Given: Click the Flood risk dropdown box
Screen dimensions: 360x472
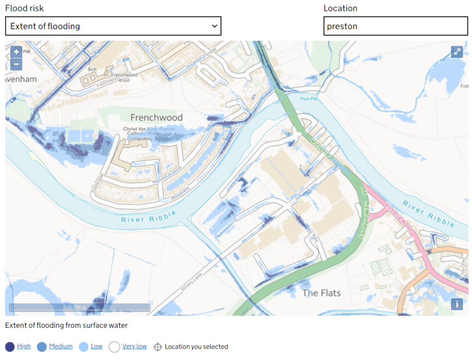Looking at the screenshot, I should pyautogui.click(x=113, y=26).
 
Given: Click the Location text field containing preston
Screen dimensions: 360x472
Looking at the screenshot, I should pyautogui.click(x=395, y=26).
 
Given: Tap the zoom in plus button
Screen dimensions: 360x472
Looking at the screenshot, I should pyautogui.click(x=16, y=52).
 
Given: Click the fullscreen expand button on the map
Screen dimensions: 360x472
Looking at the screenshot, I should pyautogui.click(x=457, y=52).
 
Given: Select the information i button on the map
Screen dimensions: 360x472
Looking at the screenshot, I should pyautogui.click(x=457, y=304).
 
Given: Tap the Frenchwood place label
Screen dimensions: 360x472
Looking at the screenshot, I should pyautogui.click(x=156, y=117).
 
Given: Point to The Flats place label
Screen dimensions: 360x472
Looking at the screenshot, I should pyautogui.click(x=321, y=293).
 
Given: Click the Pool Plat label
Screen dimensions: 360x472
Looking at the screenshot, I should pyautogui.click(x=309, y=98).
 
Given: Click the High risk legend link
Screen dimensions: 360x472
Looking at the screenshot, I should pyautogui.click(x=24, y=347).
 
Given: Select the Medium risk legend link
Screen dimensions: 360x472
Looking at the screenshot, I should pyautogui.click(x=61, y=347).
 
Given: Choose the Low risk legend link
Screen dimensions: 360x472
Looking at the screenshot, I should pyautogui.click(x=96, y=347).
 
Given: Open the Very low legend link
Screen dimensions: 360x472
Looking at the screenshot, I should pyautogui.click(x=134, y=347).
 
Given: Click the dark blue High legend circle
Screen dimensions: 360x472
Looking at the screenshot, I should pyautogui.click(x=10, y=347).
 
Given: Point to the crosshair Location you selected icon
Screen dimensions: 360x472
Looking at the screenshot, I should pyautogui.click(x=158, y=347).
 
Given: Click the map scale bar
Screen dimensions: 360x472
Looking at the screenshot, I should pyautogui.click(x=80, y=307).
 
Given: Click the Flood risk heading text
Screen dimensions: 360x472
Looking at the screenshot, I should pyautogui.click(x=24, y=8).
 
